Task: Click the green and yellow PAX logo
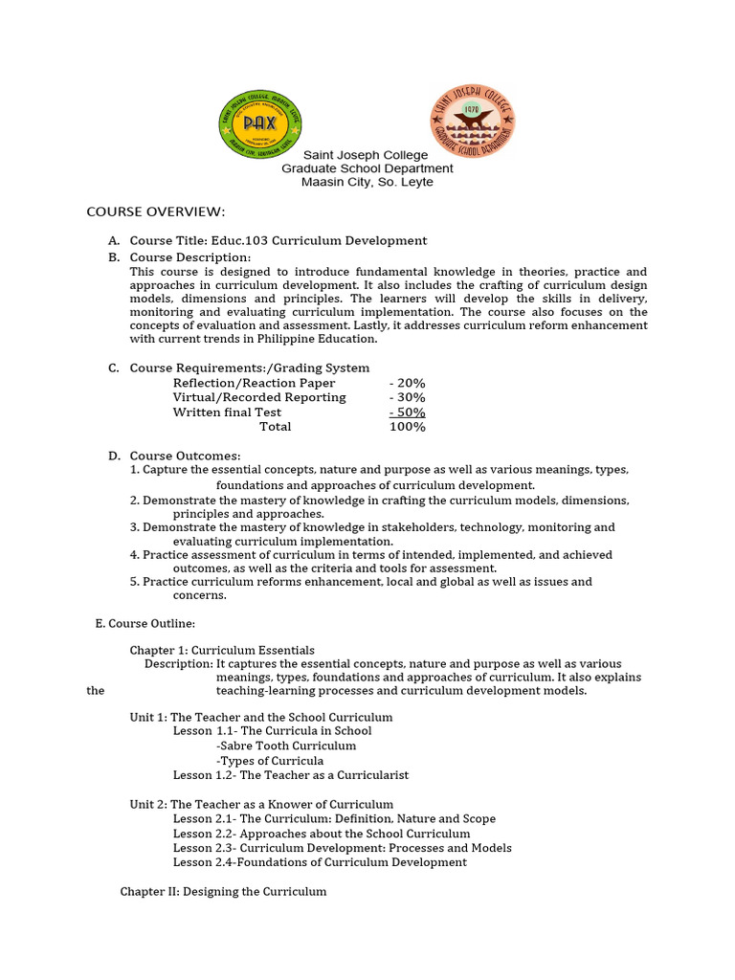[259, 122]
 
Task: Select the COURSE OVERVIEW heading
[155, 212]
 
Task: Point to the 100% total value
[407, 427]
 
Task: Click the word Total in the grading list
[276, 427]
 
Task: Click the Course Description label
[190, 257]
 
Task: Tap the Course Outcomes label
[186, 456]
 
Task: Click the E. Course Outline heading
[145, 623]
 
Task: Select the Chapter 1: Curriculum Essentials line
[222, 650]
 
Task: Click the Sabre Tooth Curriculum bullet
[286, 746]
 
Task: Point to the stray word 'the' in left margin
[95, 691]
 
